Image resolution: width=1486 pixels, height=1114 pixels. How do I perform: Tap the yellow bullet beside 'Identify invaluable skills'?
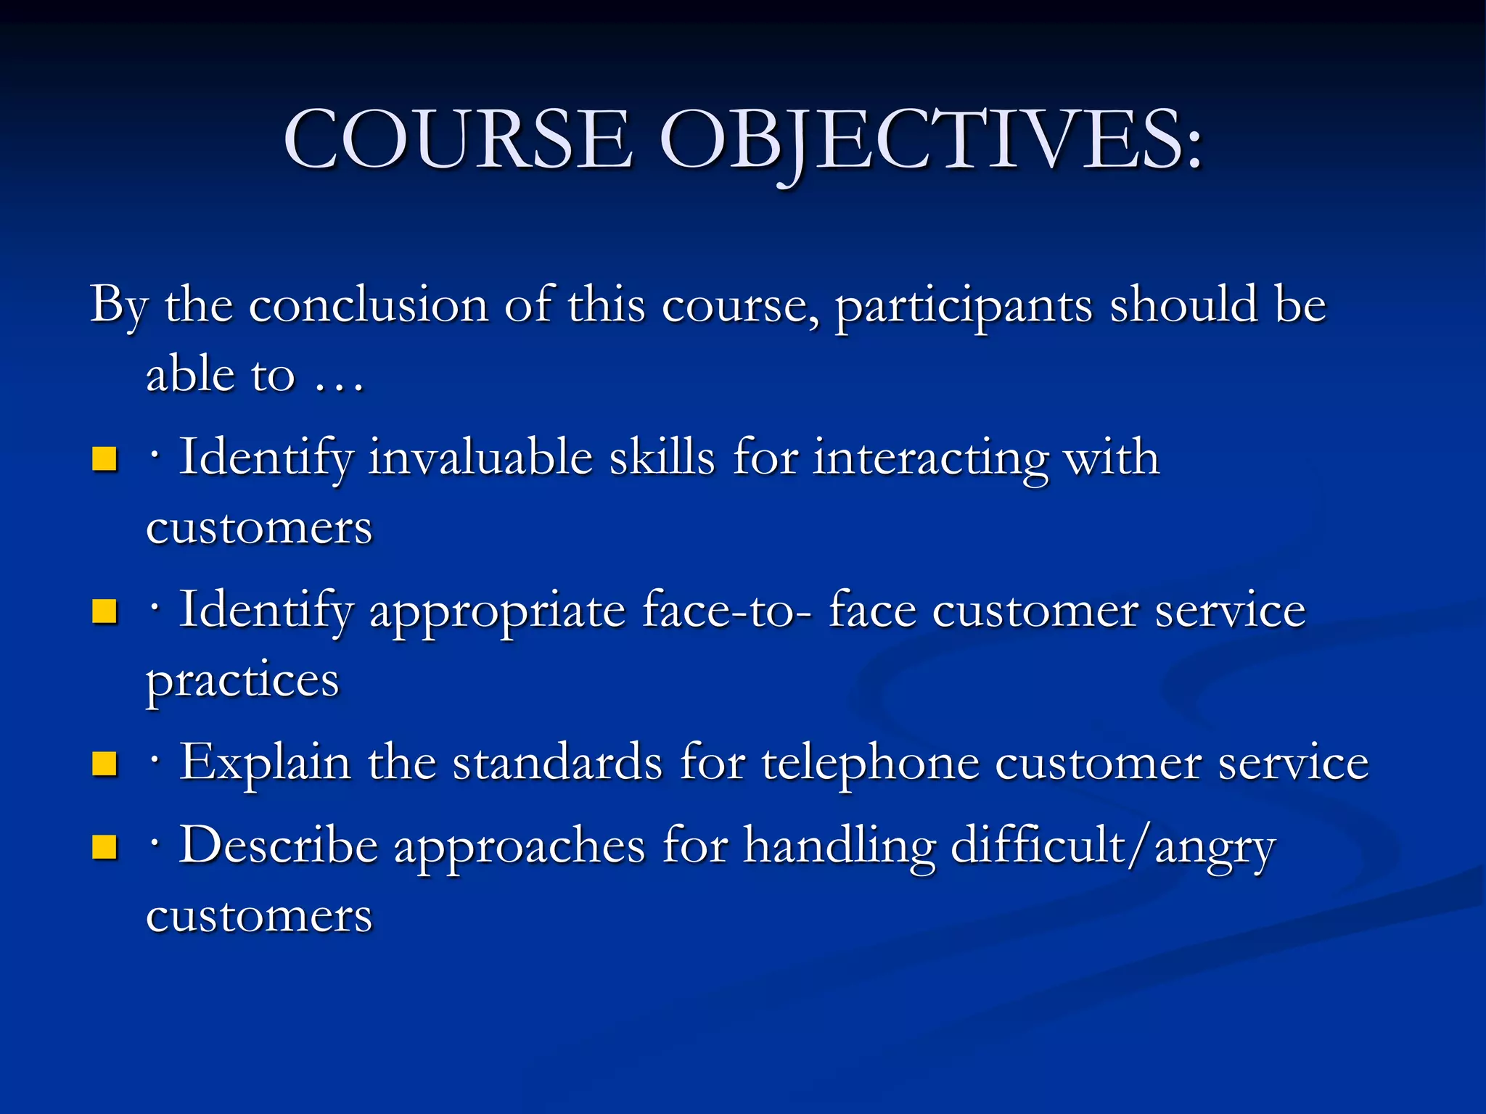click(105, 459)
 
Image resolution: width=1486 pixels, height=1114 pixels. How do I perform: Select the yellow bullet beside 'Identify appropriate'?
click(105, 611)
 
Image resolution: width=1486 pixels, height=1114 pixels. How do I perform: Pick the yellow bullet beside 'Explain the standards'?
click(105, 764)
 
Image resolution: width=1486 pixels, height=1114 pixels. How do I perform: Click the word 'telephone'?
click(870, 764)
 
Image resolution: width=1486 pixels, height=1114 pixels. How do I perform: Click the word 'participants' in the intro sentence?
click(963, 305)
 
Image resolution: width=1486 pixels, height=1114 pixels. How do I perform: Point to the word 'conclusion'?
click(368, 305)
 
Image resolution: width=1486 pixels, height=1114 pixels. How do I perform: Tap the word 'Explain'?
click(265, 764)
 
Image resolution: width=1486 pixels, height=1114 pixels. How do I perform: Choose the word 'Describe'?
click(279, 846)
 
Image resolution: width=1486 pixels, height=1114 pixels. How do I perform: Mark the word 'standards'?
click(557, 764)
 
